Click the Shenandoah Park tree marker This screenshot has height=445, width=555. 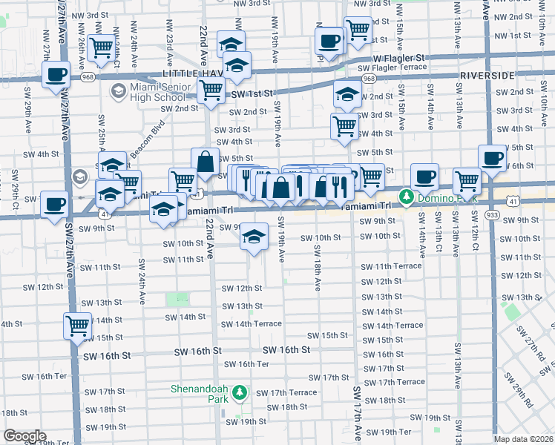[240, 392]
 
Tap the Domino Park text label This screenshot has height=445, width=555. [444, 198]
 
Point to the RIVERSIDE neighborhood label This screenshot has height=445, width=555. [487, 76]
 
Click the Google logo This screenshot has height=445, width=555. [24, 436]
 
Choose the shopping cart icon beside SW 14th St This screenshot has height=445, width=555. [77, 324]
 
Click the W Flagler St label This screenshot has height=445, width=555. [401, 58]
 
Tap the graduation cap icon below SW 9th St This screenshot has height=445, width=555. [254, 237]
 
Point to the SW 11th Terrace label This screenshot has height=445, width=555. [391, 266]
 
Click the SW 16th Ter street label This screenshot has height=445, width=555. [246, 364]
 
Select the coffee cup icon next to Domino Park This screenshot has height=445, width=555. [424, 177]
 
